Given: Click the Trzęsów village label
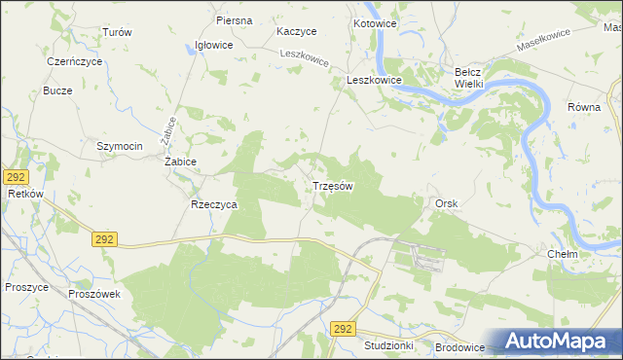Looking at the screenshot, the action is click(x=332, y=185).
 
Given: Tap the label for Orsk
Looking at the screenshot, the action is click(x=447, y=202).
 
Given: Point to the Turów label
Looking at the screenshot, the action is click(x=117, y=32).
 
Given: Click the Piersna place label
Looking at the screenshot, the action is click(x=235, y=20).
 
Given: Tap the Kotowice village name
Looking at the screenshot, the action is click(x=375, y=23).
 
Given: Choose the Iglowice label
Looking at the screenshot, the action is click(x=213, y=45).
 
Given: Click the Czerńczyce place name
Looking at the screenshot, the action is click(x=75, y=60).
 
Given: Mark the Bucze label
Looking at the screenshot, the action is click(x=57, y=90).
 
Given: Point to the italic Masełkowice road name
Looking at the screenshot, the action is click(x=543, y=41).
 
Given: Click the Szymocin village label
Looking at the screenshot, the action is click(x=120, y=146).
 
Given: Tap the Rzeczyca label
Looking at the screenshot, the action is click(x=215, y=205).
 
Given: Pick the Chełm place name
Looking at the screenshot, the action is click(x=563, y=254).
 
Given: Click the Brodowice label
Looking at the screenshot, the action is click(x=460, y=345).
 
